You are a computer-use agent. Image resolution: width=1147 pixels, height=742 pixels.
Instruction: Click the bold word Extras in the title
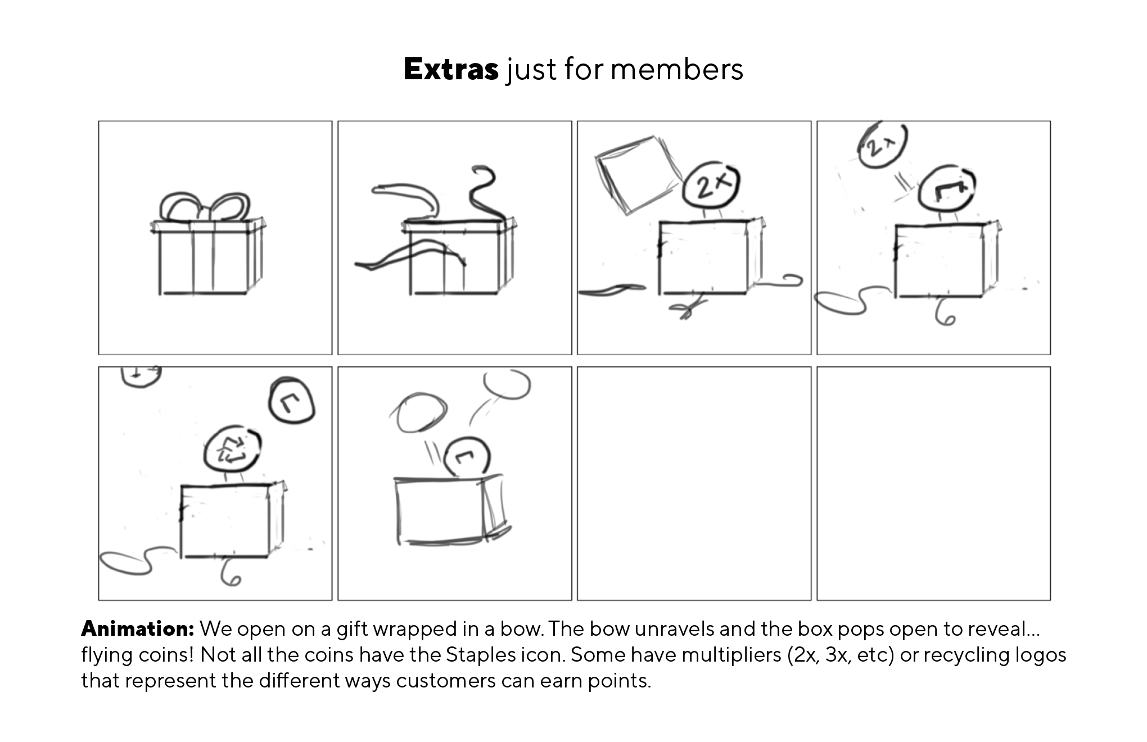point(451,69)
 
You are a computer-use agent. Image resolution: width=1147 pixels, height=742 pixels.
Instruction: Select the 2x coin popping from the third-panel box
point(711,184)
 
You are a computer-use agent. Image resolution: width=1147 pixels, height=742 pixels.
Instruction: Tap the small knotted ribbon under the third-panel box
point(687,307)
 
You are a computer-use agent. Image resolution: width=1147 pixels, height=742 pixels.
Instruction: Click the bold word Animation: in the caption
point(138,628)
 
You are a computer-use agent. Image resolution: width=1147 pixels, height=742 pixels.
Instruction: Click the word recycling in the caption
point(964,655)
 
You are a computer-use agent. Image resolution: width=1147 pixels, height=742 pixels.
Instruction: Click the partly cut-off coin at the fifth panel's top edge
point(141,376)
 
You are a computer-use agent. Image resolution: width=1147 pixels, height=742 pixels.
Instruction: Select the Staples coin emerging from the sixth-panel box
point(467,456)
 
